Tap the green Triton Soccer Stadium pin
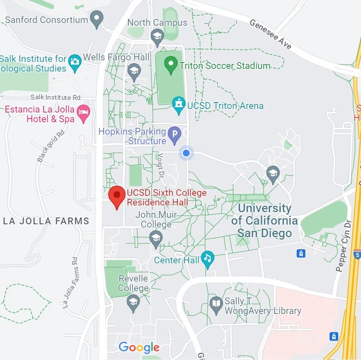[171, 65]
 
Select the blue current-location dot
[186, 153]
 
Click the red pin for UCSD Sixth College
[117, 196]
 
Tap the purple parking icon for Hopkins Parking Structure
[175, 135]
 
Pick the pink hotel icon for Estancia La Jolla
[84, 113]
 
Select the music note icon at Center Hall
[207, 258]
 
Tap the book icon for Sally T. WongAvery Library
[216, 305]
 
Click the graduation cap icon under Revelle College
[133, 302]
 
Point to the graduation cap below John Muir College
[155, 239]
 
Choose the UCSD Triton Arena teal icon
[178, 105]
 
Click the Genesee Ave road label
[270, 34]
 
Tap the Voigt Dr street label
[161, 166]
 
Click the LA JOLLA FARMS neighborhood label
[46, 221]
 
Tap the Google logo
[139, 347]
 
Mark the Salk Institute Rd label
[55, 97]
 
